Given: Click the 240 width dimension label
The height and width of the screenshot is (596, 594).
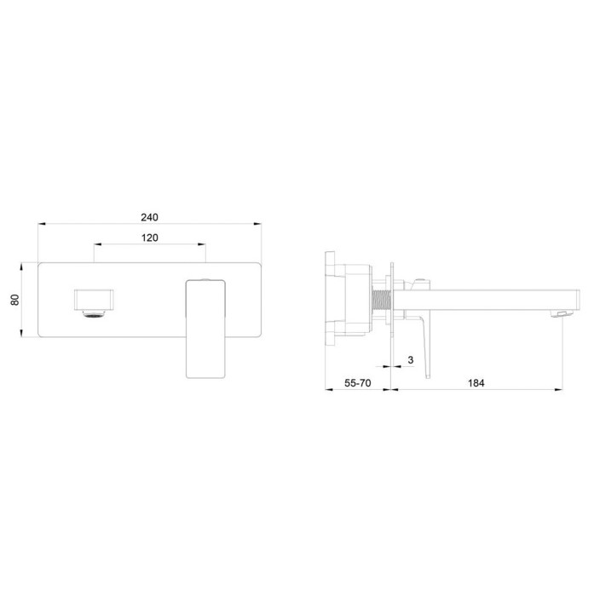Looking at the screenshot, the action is click(x=149, y=217).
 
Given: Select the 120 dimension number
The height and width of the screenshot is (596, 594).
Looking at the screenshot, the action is click(x=149, y=238).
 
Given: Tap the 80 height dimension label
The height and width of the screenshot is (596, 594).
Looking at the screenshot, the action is click(x=14, y=300).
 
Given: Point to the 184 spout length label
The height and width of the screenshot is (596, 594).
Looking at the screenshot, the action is click(x=476, y=383).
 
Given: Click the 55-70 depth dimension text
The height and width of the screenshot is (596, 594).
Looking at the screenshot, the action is click(x=358, y=383).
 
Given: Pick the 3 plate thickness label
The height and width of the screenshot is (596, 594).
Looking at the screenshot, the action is click(x=410, y=359).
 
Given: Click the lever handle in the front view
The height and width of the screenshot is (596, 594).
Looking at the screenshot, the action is click(x=205, y=329).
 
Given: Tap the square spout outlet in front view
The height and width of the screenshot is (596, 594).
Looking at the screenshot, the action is click(x=94, y=300).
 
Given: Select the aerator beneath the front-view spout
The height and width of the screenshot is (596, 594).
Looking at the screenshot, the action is click(x=94, y=313).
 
